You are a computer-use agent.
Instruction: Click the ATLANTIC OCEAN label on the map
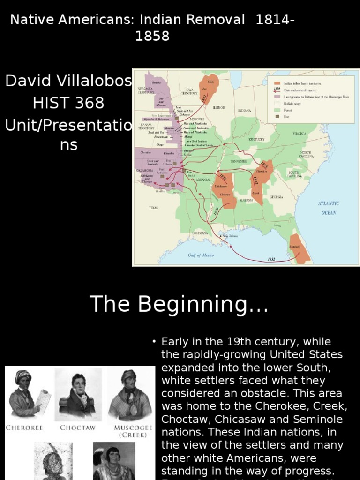pyautogui.click(x=329, y=208)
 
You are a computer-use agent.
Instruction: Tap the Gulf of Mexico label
pyautogui.click(x=201, y=255)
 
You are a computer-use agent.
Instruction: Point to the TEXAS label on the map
pyautogui.click(x=153, y=207)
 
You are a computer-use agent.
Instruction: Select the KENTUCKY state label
pyautogui.click(x=256, y=139)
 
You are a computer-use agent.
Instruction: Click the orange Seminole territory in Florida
pyautogui.click(x=300, y=248)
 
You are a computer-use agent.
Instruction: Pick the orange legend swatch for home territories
pyautogui.click(x=277, y=83)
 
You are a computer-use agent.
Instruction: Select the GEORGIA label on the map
pyautogui.click(x=276, y=197)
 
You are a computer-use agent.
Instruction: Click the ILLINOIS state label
pyautogui.click(x=219, y=107)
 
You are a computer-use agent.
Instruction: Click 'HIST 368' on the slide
pyautogui.click(x=68, y=103)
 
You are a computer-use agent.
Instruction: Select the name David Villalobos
pyautogui.click(x=68, y=81)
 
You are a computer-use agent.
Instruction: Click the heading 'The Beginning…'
pyautogui.click(x=179, y=304)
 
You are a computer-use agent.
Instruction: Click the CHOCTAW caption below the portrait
pyautogui.click(x=77, y=427)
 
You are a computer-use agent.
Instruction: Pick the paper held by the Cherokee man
pyautogui.click(x=44, y=399)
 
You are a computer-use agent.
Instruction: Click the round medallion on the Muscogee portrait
pyautogui.click(x=133, y=410)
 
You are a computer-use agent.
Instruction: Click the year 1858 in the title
pyautogui.click(x=152, y=36)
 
